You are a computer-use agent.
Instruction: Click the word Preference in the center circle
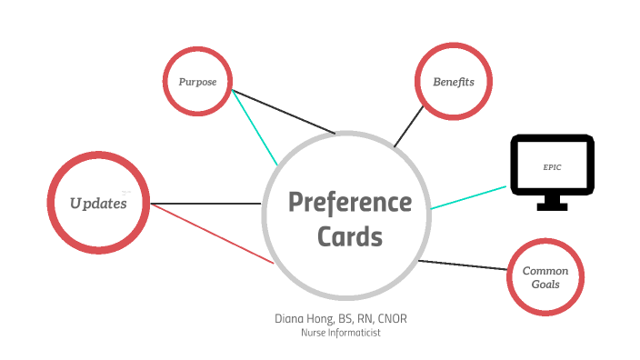(350, 202)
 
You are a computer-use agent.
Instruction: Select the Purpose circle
(197, 81)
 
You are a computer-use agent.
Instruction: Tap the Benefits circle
(453, 81)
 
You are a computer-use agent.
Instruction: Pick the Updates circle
(98, 203)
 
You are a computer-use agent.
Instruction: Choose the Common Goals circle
(545, 277)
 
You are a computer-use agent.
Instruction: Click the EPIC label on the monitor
(553, 168)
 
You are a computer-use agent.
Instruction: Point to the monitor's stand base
(552, 206)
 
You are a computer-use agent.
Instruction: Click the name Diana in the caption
(293, 319)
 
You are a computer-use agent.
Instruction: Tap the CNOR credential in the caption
(401, 319)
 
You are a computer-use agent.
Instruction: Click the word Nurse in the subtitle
(314, 333)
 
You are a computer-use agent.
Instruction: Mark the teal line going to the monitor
(468, 197)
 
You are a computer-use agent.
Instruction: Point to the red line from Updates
(214, 234)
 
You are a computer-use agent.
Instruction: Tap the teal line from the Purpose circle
(255, 128)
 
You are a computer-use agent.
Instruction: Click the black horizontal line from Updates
(206, 203)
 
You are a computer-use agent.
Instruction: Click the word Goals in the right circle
(545, 285)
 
